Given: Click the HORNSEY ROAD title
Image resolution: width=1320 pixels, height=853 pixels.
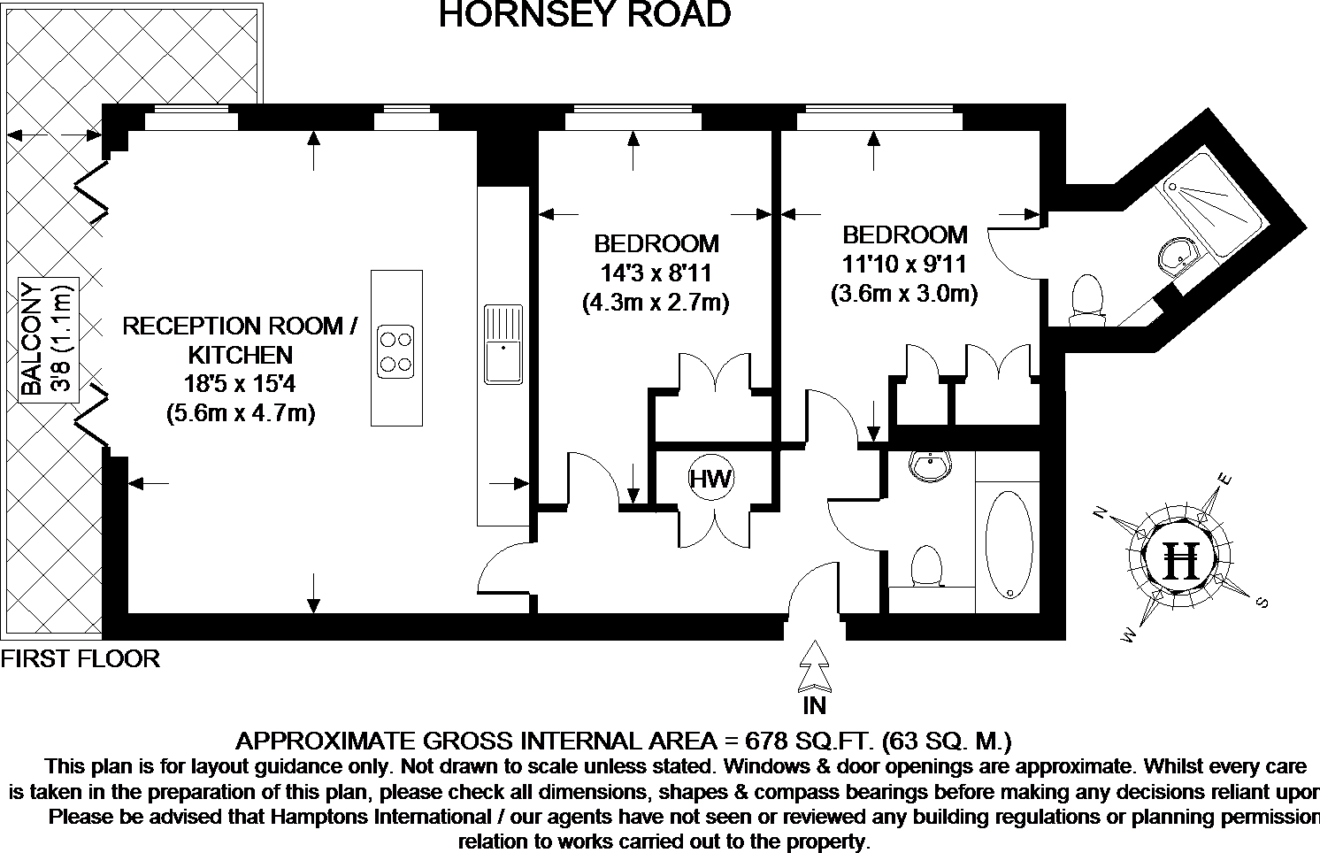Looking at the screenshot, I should click(x=585, y=15).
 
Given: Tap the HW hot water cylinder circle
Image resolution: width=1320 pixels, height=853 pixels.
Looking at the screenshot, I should click(x=711, y=480).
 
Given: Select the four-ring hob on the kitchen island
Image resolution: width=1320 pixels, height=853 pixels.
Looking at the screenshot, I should click(x=395, y=350).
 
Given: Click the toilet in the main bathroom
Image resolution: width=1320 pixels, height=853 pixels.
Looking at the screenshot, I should click(x=925, y=566).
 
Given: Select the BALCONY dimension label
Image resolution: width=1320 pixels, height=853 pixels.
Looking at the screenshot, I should click(x=46, y=339).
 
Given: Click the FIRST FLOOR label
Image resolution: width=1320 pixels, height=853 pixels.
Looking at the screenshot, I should click(x=81, y=659).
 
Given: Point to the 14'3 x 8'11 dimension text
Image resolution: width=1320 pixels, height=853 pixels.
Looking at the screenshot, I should click(x=656, y=273).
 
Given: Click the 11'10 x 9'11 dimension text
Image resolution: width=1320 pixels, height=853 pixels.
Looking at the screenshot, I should click(x=904, y=265).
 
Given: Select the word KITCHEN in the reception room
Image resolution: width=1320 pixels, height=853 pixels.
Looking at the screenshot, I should click(x=240, y=355).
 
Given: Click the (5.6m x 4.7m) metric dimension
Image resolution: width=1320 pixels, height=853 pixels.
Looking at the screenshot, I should click(x=240, y=412).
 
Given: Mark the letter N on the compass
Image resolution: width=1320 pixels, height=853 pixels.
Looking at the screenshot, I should click(x=1102, y=512).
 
